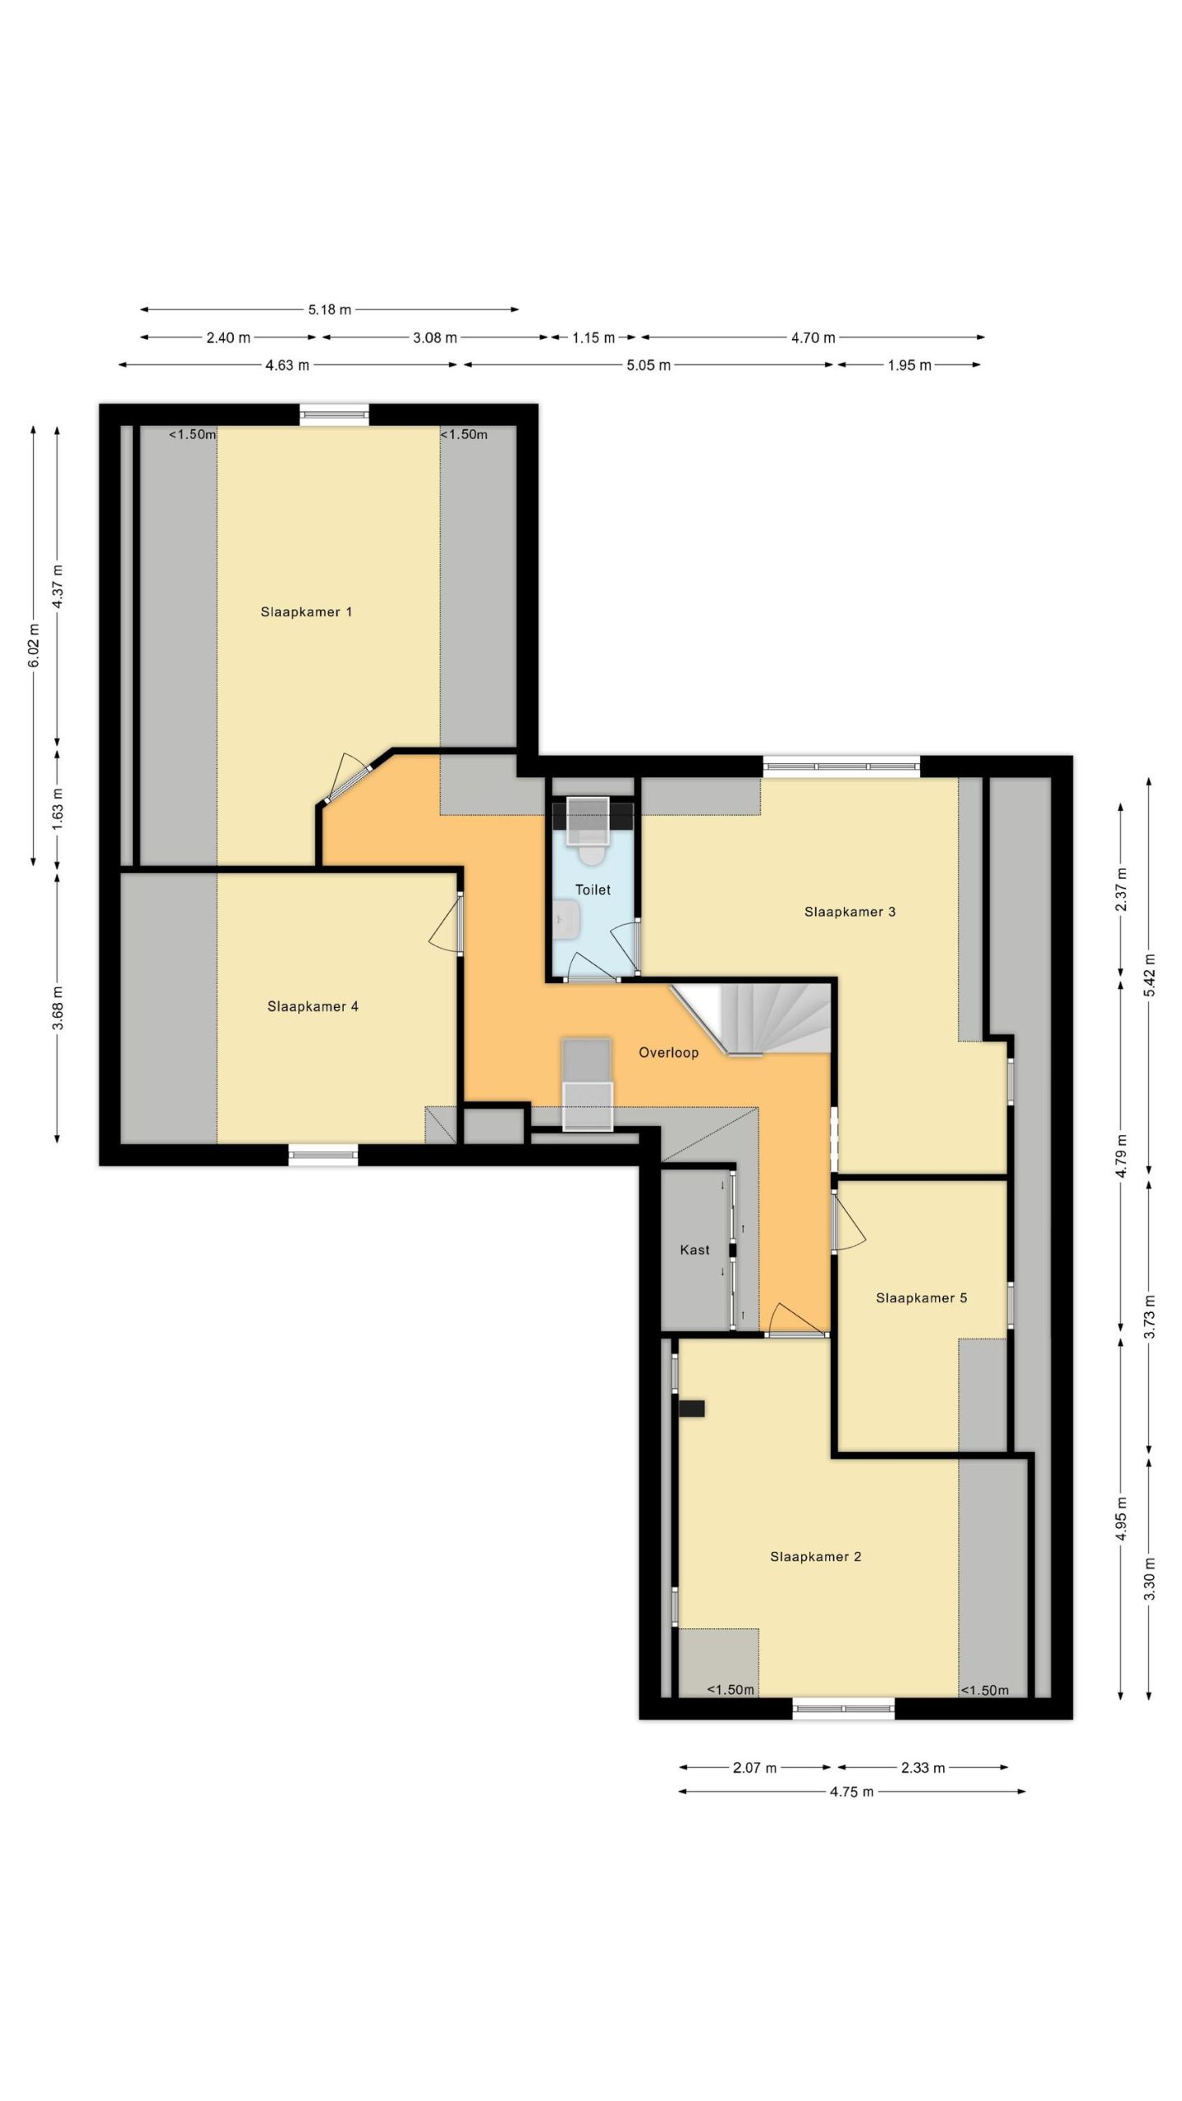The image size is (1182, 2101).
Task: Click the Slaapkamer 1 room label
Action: click(x=306, y=611)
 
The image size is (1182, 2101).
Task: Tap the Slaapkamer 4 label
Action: click(x=313, y=1006)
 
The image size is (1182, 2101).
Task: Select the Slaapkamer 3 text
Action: click(x=850, y=911)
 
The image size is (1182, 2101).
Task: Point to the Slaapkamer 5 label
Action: click(x=921, y=1298)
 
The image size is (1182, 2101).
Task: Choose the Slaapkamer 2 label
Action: click(x=815, y=1556)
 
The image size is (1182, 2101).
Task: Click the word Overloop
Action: click(x=668, y=1052)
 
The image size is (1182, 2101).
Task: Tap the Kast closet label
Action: click(x=694, y=1249)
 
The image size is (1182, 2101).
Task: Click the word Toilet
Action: click(x=593, y=889)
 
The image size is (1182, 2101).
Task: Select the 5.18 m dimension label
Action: click(x=329, y=309)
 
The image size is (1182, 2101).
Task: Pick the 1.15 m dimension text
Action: click(x=593, y=337)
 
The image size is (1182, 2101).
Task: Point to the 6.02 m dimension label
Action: click(x=34, y=646)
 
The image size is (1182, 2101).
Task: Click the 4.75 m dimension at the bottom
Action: click(x=851, y=1791)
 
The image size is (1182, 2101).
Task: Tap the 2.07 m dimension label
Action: click(x=754, y=1767)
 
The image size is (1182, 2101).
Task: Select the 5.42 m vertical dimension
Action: click(x=1150, y=975)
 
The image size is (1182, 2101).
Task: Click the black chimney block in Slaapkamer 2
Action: click(x=691, y=1408)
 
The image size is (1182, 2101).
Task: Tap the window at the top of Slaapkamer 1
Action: click(x=333, y=414)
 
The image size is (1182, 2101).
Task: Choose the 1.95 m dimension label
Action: click(x=909, y=365)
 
